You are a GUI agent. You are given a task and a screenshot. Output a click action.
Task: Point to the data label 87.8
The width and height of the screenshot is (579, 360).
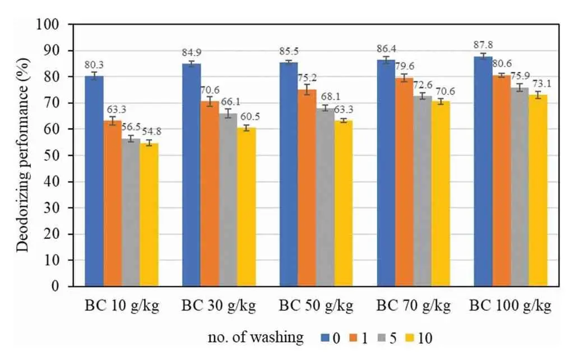[x=483, y=47]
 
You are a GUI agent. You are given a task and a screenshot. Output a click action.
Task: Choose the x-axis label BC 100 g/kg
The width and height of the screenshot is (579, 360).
[x=510, y=306]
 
